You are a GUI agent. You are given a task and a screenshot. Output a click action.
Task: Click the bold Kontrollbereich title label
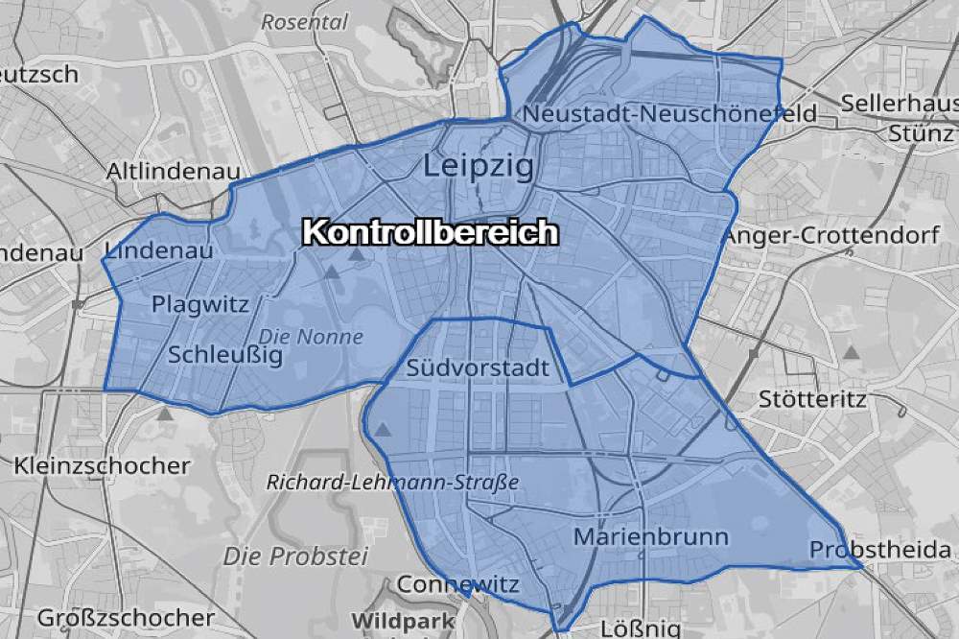(430, 233)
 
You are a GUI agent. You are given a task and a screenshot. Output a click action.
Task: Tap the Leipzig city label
(479, 167)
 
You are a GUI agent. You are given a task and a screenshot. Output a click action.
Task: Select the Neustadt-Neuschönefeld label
(669, 114)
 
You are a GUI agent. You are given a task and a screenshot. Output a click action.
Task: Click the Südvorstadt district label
(478, 367)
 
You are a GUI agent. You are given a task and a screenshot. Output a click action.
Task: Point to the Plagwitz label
(200, 305)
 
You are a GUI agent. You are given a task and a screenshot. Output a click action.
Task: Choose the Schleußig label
(225, 355)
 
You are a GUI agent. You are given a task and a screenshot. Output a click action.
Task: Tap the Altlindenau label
(173, 172)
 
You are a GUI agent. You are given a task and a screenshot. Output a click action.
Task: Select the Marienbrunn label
(651, 536)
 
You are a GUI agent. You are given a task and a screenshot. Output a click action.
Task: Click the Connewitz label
(458, 584)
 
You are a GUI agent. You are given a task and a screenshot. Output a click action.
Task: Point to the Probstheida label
(880, 550)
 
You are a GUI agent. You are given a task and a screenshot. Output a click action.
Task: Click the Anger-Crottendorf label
(830, 235)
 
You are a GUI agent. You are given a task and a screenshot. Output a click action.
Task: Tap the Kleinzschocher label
(103, 465)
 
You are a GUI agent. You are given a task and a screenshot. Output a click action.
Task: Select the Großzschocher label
(113, 617)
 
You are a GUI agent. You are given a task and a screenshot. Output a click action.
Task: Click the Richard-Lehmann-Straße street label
(393, 483)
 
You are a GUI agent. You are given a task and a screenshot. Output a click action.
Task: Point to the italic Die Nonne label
(312, 337)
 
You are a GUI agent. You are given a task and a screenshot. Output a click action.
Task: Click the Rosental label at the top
(304, 20)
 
